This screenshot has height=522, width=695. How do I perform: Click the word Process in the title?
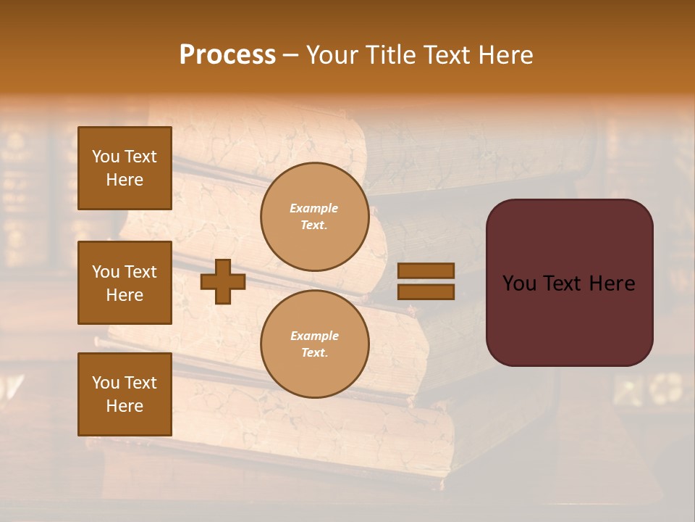click(x=227, y=55)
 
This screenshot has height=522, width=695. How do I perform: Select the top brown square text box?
click(x=125, y=168)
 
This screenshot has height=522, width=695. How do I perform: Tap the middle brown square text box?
click(x=125, y=283)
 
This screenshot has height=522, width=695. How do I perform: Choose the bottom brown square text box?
click(x=125, y=394)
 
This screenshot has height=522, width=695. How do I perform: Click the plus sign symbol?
click(x=223, y=281)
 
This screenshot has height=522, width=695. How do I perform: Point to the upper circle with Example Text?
click(x=314, y=217)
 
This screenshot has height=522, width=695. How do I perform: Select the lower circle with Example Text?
click(x=314, y=344)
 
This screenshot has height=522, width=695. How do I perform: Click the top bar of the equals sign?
click(x=426, y=270)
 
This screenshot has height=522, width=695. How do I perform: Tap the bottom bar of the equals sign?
click(x=426, y=291)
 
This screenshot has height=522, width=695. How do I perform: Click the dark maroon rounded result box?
click(x=569, y=283)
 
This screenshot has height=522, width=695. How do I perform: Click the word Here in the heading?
click(x=503, y=55)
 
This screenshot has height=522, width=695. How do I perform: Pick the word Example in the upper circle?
click(x=314, y=208)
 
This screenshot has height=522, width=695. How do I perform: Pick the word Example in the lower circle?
click(x=314, y=336)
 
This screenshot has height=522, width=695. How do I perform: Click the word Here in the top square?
click(x=125, y=180)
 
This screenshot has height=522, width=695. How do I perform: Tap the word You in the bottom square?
click(x=106, y=382)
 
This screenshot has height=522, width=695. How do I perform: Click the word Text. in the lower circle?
click(x=314, y=352)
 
